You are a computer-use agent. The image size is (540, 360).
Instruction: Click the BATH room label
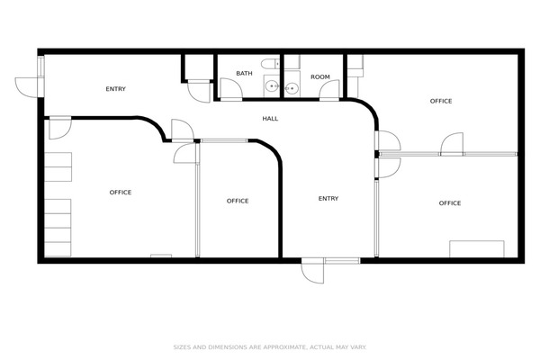click(244, 74)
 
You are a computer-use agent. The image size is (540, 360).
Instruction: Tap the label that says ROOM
click(319, 76)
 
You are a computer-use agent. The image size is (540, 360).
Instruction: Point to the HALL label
click(270, 119)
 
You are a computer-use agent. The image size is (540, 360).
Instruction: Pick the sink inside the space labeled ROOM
click(292, 88)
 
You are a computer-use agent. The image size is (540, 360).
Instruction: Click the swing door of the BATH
click(231, 88)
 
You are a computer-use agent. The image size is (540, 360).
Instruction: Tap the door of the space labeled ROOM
click(329, 89)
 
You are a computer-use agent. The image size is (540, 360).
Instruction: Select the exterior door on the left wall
click(29, 87)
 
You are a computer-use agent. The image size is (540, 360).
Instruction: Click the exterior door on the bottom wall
click(312, 271)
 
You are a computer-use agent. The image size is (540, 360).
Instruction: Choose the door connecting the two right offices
click(452, 144)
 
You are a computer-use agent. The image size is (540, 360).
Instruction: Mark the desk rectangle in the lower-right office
click(477, 248)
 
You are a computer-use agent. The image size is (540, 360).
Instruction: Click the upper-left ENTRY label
click(116, 89)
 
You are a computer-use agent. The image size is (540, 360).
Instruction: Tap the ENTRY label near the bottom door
click(328, 199)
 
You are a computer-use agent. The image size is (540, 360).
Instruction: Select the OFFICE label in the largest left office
click(121, 193)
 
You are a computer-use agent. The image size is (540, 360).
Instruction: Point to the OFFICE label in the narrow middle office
click(238, 202)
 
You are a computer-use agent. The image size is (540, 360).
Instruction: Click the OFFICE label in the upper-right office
click(441, 102)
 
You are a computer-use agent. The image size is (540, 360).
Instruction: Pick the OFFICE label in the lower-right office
click(450, 203)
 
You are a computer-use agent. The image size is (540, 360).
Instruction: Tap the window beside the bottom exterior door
click(342, 261)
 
